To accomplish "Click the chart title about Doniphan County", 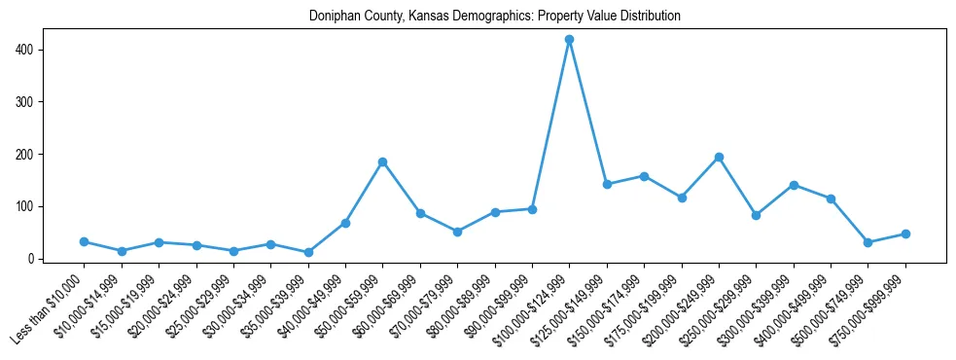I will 495,17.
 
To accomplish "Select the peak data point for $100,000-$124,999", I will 569,40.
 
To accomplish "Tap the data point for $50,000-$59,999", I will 382,162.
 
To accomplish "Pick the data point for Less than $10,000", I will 84,241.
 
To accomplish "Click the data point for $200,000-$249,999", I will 719,157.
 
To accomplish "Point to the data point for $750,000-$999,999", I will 905,234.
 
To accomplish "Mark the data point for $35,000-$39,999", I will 308,252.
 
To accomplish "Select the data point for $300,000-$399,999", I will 794,185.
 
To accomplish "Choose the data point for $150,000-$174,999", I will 644,176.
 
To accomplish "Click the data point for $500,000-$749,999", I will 867,242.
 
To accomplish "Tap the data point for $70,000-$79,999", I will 457,232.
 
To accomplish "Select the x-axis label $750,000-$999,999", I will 871,309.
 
